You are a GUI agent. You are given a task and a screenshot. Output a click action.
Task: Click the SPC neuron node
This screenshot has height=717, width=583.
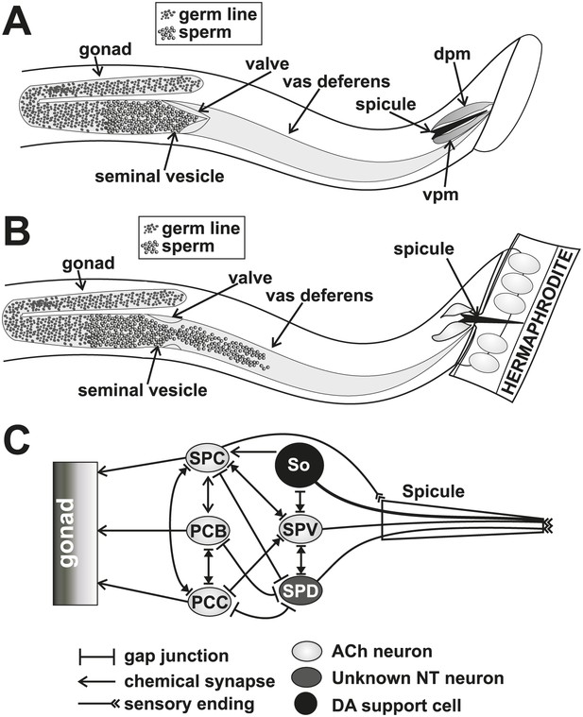click(208, 458)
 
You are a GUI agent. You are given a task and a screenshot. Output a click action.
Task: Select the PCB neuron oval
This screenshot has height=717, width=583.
click(208, 531)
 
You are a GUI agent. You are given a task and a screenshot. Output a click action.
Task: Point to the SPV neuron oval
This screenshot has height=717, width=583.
click(300, 530)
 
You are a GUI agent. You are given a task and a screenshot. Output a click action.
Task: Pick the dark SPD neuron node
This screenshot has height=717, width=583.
click(300, 591)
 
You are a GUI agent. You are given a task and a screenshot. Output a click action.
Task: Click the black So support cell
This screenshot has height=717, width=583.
click(299, 466)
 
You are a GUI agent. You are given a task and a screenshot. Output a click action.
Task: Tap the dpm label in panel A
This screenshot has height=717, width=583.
click(452, 54)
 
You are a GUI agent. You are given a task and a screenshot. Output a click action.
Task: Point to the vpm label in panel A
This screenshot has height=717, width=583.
click(440, 195)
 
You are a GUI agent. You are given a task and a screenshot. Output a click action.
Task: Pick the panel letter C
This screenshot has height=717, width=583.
click(16, 440)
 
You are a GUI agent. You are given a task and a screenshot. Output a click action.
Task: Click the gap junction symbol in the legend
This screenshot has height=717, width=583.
click(96, 657)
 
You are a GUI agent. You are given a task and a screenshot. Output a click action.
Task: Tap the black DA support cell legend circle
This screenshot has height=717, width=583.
click(307, 705)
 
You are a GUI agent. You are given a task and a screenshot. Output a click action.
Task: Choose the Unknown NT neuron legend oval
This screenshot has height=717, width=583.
click(307, 678)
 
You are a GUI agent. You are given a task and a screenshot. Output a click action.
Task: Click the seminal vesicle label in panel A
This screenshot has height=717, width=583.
click(160, 176)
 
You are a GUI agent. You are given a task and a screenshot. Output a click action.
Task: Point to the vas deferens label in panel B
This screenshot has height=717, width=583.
click(319, 296)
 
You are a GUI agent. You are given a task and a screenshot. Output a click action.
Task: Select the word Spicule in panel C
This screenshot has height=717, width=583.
click(434, 491)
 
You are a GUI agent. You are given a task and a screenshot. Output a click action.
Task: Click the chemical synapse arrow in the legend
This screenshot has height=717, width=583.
click(96, 682)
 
